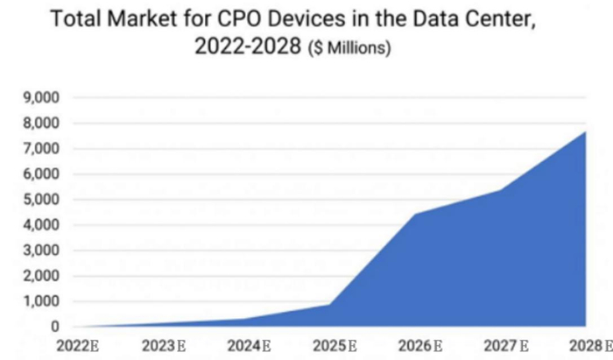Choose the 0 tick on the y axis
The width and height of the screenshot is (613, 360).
click(52, 327)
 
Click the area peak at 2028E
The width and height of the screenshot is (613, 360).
click(584, 132)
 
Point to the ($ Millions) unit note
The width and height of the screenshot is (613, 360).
click(348, 49)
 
